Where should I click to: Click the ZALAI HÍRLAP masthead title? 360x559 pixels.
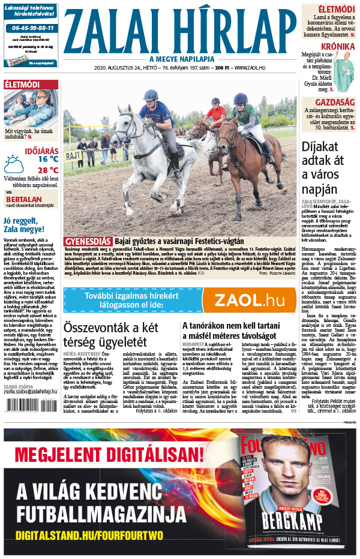[180, 30]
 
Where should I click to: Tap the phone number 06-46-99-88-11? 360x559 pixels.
[31, 28]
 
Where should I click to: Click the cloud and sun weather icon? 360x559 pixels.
[14, 164]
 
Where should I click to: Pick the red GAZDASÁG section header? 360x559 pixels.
[337, 103]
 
